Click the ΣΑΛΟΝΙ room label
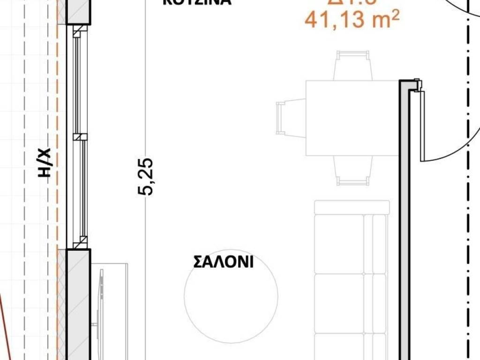coord(223,262)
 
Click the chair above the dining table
coord(353,66)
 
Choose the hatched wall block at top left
coord(78,12)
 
